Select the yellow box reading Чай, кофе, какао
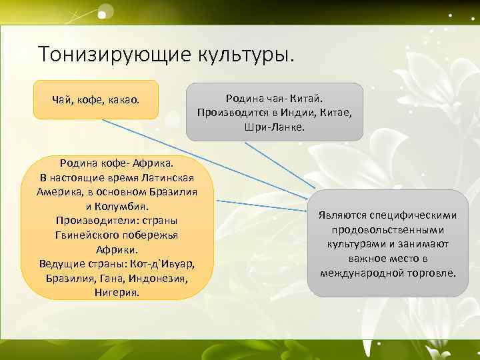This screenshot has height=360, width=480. (x=96, y=100)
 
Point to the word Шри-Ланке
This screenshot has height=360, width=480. (x=274, y=126)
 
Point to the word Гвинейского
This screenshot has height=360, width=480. (x=87, y=235)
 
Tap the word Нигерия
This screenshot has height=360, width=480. (x=117, y=292)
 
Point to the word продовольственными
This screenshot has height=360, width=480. (x=388, y=230)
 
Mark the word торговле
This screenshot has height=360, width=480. (x=430, y=273)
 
